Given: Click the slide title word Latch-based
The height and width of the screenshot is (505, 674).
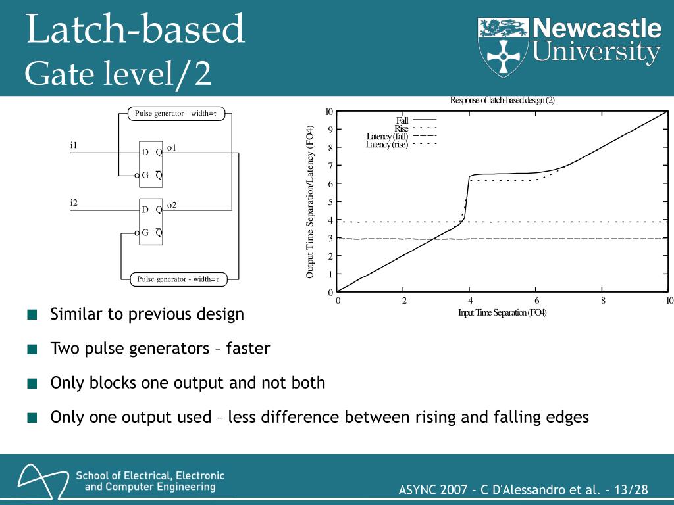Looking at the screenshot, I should point(135,30).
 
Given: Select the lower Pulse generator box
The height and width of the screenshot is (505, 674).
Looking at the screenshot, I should point(178,279).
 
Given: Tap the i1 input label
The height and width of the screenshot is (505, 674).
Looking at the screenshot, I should point(74,145).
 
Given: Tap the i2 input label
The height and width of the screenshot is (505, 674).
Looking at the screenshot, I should point(74,203).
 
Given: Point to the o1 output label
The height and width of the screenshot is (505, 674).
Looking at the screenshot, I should point(171,148).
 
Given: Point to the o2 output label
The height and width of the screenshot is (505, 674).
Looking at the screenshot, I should point(171,205).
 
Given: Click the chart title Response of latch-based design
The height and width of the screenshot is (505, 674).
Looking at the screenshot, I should point(502,101).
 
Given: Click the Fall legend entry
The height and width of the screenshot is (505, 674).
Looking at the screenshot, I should point(402,120).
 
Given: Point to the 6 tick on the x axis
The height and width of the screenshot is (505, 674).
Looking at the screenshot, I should point(536,301).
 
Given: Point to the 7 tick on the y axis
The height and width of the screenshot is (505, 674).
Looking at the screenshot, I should point(330,166).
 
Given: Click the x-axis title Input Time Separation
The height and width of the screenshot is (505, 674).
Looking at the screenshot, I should point(502,312).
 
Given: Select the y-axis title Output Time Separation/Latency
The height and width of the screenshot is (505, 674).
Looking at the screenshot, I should point(310,201).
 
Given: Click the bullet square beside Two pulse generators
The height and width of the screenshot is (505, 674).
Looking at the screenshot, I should point(32,349).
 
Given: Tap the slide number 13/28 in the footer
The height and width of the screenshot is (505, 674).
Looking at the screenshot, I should point(631,490).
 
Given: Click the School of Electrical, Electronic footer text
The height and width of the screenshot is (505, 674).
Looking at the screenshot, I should point(150,475).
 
